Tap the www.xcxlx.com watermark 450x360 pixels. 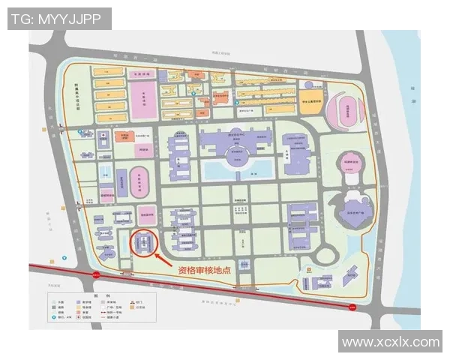(390, 342)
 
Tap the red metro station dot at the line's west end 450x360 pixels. (96, 274)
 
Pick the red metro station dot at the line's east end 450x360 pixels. (352, 305)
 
